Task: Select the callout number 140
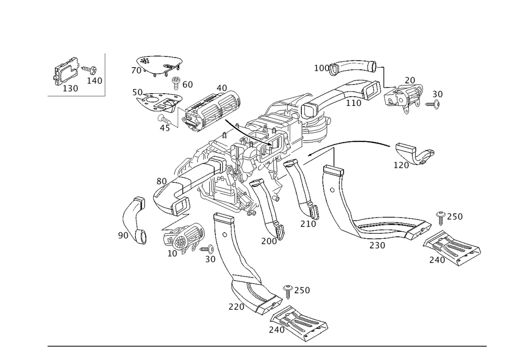click(x=95, y=80)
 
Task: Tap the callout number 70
click(x=136, y=71)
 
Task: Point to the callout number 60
click(x=187, y=85)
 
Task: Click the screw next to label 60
click(x=177, y=80)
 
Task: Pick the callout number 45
click(x=164, y=128)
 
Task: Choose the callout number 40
click(x=221, y=88)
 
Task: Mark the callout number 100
click(x=321, y=68)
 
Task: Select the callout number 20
click(x=410, y=80)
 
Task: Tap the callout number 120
click(x=401, y=165)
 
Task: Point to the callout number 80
click(x=162, y=181)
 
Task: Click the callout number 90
click(x=123, y=235)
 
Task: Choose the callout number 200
click(x=268, y=241)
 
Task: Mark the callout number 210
click(x=308, y=224)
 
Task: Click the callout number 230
click(x=377, y=245)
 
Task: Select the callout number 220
click(x=236, y=307)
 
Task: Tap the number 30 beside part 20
click(x=438, y=94)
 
